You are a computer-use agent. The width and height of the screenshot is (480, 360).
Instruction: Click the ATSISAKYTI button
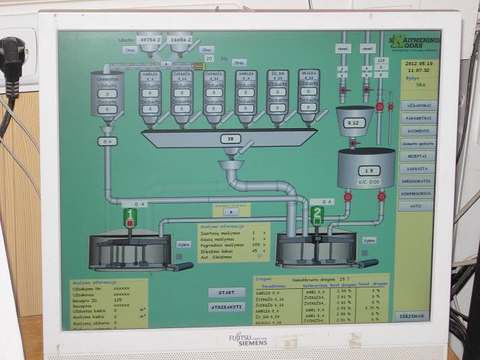click(226, 307)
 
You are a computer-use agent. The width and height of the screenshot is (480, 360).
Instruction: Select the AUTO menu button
click(417, 207)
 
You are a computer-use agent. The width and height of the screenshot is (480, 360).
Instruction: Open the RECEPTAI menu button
click(417, 156)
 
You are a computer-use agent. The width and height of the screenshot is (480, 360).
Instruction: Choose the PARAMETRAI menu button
click(417, 119)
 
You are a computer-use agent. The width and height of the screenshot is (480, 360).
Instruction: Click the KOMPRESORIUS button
click(417, 194)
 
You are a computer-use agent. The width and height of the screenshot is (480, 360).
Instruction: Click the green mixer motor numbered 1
click(130, 218)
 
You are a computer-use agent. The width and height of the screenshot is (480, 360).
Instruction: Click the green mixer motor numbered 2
click(318, 216)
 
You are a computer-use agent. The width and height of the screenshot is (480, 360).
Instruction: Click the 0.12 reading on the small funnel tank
click(355, 123)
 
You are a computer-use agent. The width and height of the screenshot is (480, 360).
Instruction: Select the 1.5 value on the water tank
click(367, 170)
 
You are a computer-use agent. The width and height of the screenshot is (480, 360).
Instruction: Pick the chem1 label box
click(343, 49)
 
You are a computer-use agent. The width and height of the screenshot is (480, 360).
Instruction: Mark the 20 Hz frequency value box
click(207, 57)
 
